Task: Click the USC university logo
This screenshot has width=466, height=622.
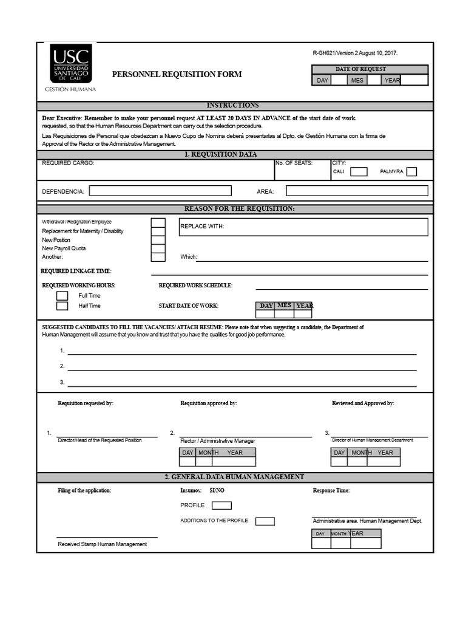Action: coord(71,63)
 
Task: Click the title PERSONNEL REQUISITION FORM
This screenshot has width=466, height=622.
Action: coord(177,74)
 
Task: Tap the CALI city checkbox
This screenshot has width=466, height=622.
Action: coord(359,172)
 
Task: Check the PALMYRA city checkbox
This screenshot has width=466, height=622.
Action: coord(411,172)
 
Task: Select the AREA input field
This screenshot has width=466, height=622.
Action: coord(357,191)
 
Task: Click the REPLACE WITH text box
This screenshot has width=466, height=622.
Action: coord(303,227)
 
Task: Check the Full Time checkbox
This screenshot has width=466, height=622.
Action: coord(62,296)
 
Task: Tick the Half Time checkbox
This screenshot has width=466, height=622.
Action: coord(62,306)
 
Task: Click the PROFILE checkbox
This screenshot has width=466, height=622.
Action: coord(221,505)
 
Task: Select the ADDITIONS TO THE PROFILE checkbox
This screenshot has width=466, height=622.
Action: coord(265,521)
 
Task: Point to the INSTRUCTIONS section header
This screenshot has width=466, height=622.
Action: coord(232,106)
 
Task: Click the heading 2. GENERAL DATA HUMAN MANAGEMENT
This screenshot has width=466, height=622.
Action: coord(234,477)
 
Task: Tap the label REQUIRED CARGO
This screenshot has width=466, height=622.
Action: coord(68,163)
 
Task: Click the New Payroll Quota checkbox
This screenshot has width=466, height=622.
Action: coord(158,248)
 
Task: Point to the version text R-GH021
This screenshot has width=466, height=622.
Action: coord(355,53)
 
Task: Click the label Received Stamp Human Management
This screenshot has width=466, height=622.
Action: coord(102,544)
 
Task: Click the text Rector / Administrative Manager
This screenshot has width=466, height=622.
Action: coord(218,441)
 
